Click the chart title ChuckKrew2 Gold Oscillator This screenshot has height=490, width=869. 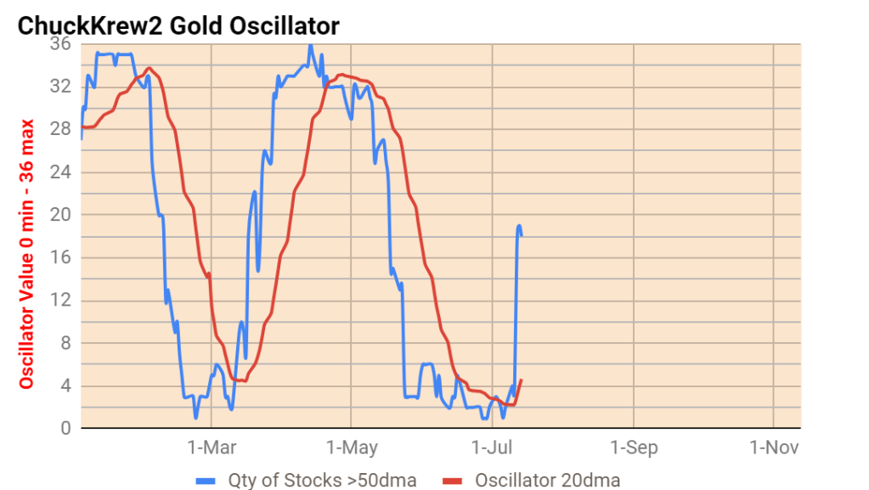pyautogui.click(x=178, y=25)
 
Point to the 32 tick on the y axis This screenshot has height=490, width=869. pyautogui.click(x=60, y=86)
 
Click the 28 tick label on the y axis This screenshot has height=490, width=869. pyautogui.click(x=60, y=129)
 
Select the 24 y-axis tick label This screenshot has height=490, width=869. pyautogui.click(x=60, y=172)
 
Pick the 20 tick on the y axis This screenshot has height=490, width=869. pyautogui.click(x=60, y=214)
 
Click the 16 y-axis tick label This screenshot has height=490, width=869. pyautogui.click(x=61, y=257)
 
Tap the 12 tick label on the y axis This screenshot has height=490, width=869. pyautogui.click(x=61, y=300)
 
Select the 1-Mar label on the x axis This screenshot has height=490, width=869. pyautogui.click(x=212, y=448)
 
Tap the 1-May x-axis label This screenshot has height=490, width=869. pyautogui.click(x=352, y=448)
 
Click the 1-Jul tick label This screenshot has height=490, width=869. pyautogui.click(x=493, y=448)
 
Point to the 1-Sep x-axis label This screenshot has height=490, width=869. pyautogui.click(x=633, y=448)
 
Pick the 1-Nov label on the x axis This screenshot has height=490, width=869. pyautogui.click(x=773, y=448)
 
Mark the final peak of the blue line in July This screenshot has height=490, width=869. pyautogui.click(x=519, y=226)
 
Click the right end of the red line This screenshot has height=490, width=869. pyautogui.click(x=521, y=380)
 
